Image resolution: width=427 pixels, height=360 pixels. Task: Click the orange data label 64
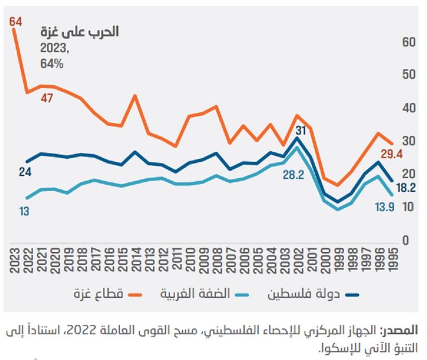tap(16, 22)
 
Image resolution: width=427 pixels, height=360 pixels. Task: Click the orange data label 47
tap(46, 98)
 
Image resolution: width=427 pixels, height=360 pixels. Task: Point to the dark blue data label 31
tap(301, 131)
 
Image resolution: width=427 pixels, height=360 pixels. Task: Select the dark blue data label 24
tap(25, 172)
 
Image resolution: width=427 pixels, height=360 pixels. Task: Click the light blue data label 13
tap(24, 211)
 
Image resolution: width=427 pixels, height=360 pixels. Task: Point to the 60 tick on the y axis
tap(406, 42)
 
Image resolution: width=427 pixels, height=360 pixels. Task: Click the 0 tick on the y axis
tap(406, 241)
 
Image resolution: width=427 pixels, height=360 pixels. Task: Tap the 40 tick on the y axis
tap(406, 108)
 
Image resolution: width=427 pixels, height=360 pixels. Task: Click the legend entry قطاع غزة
tap(106, 293)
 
